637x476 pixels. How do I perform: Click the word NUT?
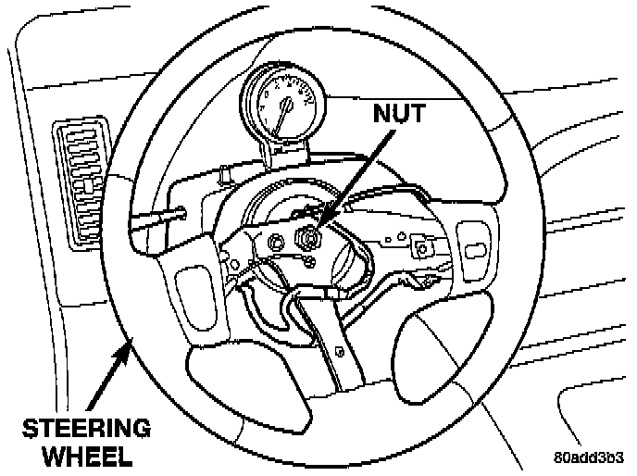point(400,116)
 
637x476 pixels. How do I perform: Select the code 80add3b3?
point(590,457)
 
